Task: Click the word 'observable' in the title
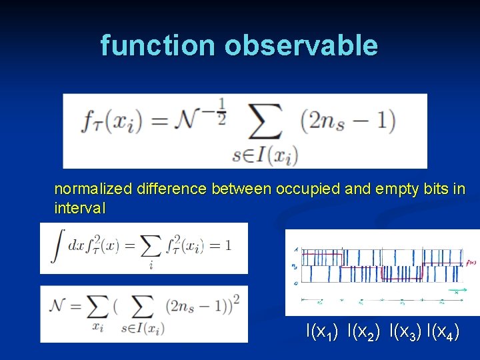[301, 45]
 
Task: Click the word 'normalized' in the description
[94, 189]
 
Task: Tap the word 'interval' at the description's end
[79, 208]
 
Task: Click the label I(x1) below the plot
[321, 330]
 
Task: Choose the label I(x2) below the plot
[363, 330]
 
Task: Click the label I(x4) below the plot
[443, 330]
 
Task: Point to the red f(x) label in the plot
[471, 262]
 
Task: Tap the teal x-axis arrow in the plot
[457, 291]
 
